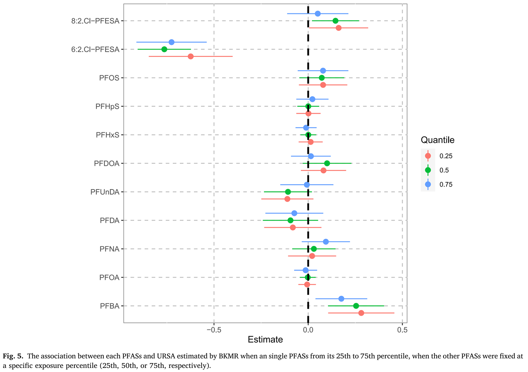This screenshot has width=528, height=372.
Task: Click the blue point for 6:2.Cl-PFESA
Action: pyautogui.click(x=172, y=42)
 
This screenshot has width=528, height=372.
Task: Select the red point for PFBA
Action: pyautogui.click(x=361, y=313)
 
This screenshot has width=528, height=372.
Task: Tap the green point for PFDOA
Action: pyautogui.click(x=327, y=163)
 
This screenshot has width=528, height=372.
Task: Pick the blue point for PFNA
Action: pyautogui.click(x=326, y=242)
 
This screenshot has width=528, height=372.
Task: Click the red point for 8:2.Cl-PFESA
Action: pyautogui.click(x=338, y=28)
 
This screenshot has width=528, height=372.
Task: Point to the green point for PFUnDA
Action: pyautogui.click(x=288, y=192)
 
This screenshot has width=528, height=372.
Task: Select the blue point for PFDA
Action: pyautogui.click(x=294, y=213)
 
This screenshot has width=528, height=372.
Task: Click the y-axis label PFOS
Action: pyautogui.click(x=109, y=78)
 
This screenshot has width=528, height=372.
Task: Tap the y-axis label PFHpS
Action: pyautogui.click(x=107, y=107)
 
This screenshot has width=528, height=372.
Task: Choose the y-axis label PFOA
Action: pyautogui.click(x=109, y=278)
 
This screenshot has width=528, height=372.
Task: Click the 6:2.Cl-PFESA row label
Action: pyautogui.click(x=95, y=50)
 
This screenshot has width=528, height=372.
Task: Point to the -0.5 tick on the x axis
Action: pyautogui.click(x=214, y=330)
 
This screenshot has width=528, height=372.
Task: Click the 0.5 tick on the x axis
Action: pyautogui.click(x=402, y=330)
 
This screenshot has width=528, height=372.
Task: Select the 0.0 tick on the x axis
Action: pyautogui.click(x=308, y=330)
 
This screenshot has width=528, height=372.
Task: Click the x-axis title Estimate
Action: pyautogui.click(x=265, y=340)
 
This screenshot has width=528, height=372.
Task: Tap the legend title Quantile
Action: pyautogui.click(x=438, y=140)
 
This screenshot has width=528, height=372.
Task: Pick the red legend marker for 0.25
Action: pyautogui.click(x=428, y=156)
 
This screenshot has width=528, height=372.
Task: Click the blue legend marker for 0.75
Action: pyautogui.click(x=428, y=184)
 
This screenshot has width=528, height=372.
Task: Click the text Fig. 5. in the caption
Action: pyautogui.click(x=13, y=356)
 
